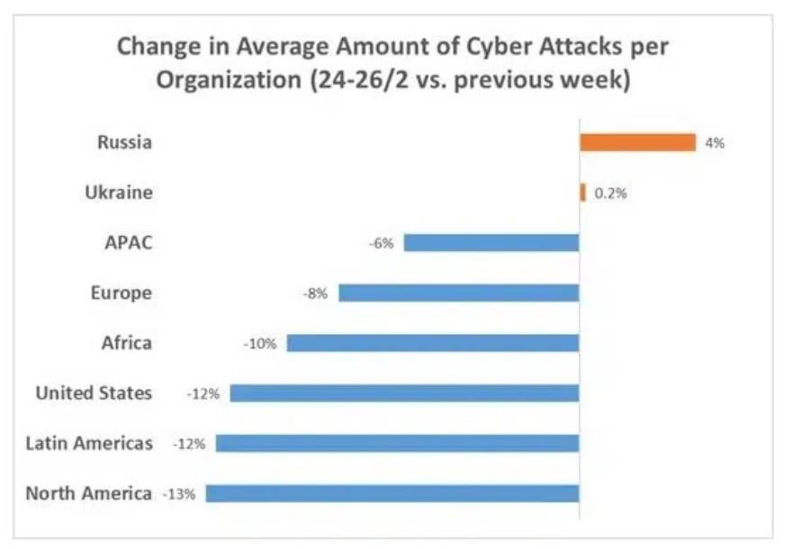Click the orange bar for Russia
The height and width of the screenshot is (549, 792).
tap(637, 142)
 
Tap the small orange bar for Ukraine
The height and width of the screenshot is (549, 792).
tap(582, 193)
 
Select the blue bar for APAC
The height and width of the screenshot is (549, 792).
tap(490, 242)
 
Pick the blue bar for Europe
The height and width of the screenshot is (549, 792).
tap(458, 292)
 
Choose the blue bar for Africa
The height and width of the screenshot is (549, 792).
tap(432, 343)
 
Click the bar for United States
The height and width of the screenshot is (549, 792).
tap(404, 393)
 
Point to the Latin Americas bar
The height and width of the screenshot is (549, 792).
tap(397, 443)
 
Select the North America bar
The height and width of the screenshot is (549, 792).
tap(391, 493)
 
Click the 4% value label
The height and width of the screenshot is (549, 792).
tap(715, 142)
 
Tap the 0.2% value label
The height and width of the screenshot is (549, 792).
tap(610, 193)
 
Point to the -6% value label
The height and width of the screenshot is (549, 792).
tap(381, 243)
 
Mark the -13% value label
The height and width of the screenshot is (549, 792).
tap(183, 494)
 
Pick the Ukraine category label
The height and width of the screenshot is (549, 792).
tap(118, 193)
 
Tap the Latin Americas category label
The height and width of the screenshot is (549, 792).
tap(88, 443)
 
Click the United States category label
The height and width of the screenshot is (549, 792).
tap(94, 393)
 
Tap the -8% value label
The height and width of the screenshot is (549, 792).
tap(316, 292)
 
